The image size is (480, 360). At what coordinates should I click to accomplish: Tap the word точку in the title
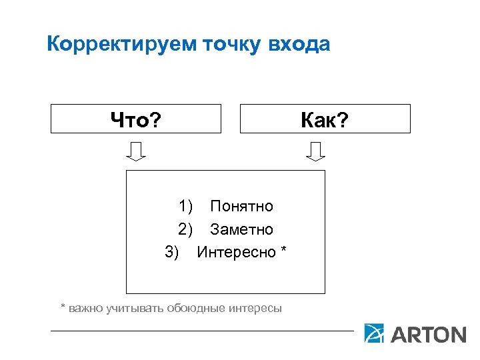pos(231,45)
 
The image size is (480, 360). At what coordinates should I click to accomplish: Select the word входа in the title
pos(299,45)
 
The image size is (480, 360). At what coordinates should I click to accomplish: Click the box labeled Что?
pos(136,119)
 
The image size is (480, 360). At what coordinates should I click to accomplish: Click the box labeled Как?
pos(325,119)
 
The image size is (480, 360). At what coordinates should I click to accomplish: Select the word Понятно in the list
pos(241,207)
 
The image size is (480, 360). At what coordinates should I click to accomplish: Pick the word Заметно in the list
pos(241,229)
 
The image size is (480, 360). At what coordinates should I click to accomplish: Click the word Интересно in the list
pos(236,252)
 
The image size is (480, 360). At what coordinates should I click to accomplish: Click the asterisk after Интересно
pos(283,251)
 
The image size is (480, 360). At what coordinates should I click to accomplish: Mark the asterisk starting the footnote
pos(63,307)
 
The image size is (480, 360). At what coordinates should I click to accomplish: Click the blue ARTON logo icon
pos(374,333)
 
